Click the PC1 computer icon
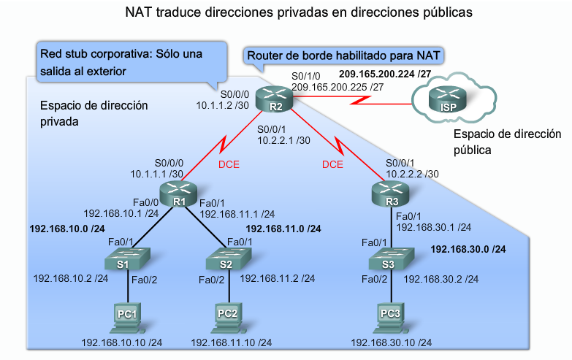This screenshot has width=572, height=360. point(125,314)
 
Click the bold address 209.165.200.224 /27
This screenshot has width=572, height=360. point(385,74)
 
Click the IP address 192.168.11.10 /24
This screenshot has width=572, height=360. point(232,342)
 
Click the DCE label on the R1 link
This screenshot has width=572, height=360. point(229,165)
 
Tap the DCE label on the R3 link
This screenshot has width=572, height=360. point(332,165)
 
